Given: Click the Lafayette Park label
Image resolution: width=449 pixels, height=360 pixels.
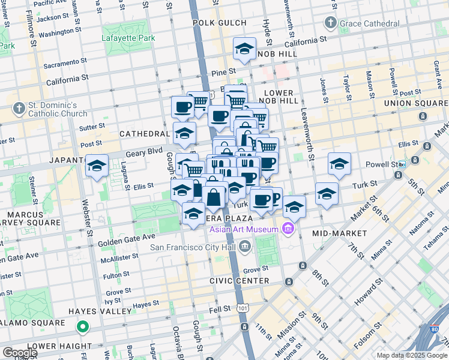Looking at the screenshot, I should pos(128,37).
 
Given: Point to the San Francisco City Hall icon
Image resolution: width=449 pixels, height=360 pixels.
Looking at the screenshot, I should pos(244,246).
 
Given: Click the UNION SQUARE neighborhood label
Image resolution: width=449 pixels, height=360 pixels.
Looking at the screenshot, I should pos(414,103).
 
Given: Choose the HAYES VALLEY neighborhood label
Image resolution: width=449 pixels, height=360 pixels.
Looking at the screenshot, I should pos(99,311).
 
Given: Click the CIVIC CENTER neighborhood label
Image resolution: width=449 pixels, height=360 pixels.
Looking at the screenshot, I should pos(240,281).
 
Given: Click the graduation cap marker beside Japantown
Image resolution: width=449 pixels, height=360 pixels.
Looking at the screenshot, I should pos(97,166).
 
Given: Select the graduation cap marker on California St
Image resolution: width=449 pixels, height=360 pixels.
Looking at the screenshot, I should pos(244,50).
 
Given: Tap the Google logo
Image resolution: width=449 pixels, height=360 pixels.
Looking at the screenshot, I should pos(20,353).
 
